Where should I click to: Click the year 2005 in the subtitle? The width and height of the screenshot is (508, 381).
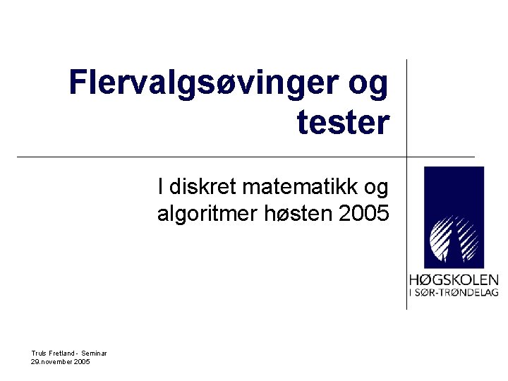click(x=364, y=213)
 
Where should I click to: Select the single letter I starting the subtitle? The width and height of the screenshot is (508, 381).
click(x=162, y=187)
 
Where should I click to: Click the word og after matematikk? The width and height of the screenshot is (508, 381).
click(x=376, y=188)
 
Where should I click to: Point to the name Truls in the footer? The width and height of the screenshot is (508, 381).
click(x=39, y=353)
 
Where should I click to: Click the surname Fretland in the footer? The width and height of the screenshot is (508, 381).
click(x=62, y=353)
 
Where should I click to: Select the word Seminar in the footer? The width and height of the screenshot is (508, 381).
click(x=94, y=353)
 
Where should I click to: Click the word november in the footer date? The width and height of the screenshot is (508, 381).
click(x=57, y=361)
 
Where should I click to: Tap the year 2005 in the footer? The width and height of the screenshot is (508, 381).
click(x=82, y=361)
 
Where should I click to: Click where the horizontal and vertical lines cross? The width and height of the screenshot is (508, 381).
click(x=406, y=156)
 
